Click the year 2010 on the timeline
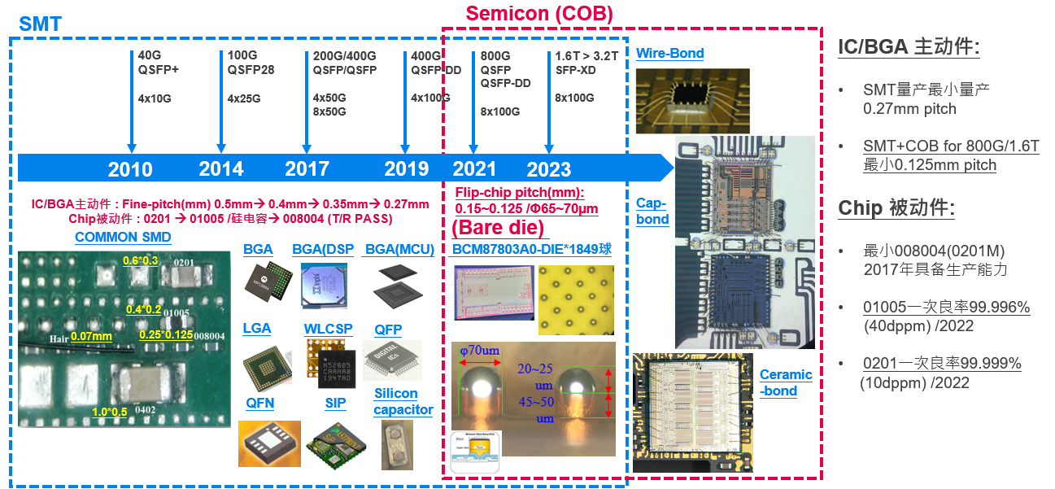tap(130, 168)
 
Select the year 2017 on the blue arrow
tap(307, 168)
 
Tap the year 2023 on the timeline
tap(548, 169)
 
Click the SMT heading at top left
tap(40, 24)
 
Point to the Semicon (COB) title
tap(539, 14)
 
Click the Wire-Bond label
tap(670, 54)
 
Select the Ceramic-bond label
tap(786, 382)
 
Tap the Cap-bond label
tap(652, 212)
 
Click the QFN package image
tap(269, 443)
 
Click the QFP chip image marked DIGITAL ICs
tap(392, 362)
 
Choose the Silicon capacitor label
tap(403, 402)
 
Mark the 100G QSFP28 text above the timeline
tap(251, 63)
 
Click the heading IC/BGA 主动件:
tap(909, 46)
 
